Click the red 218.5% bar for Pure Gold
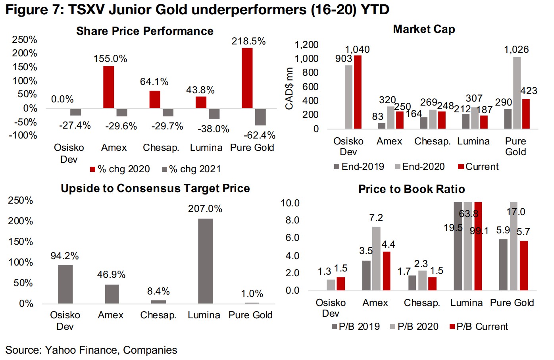pos(247,78)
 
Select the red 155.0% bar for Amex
pos(108,87)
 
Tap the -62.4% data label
pos(260,135)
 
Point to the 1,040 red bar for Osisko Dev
pos(358,92)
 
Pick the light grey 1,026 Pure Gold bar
pos(517,93)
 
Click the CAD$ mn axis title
pos(289,89)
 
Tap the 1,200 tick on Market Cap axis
pos(306,45)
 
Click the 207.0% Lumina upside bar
pos(205,261)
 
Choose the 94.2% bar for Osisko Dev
pos(65,284)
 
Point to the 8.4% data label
pos(158,291)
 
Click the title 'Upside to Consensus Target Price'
pos(155,188)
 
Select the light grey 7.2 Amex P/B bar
pos(376,258)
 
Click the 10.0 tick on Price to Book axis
pos(290,203)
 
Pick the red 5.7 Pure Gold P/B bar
pos(524,265)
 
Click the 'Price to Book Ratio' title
pos(412,189)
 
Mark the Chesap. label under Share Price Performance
pos(161,148)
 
